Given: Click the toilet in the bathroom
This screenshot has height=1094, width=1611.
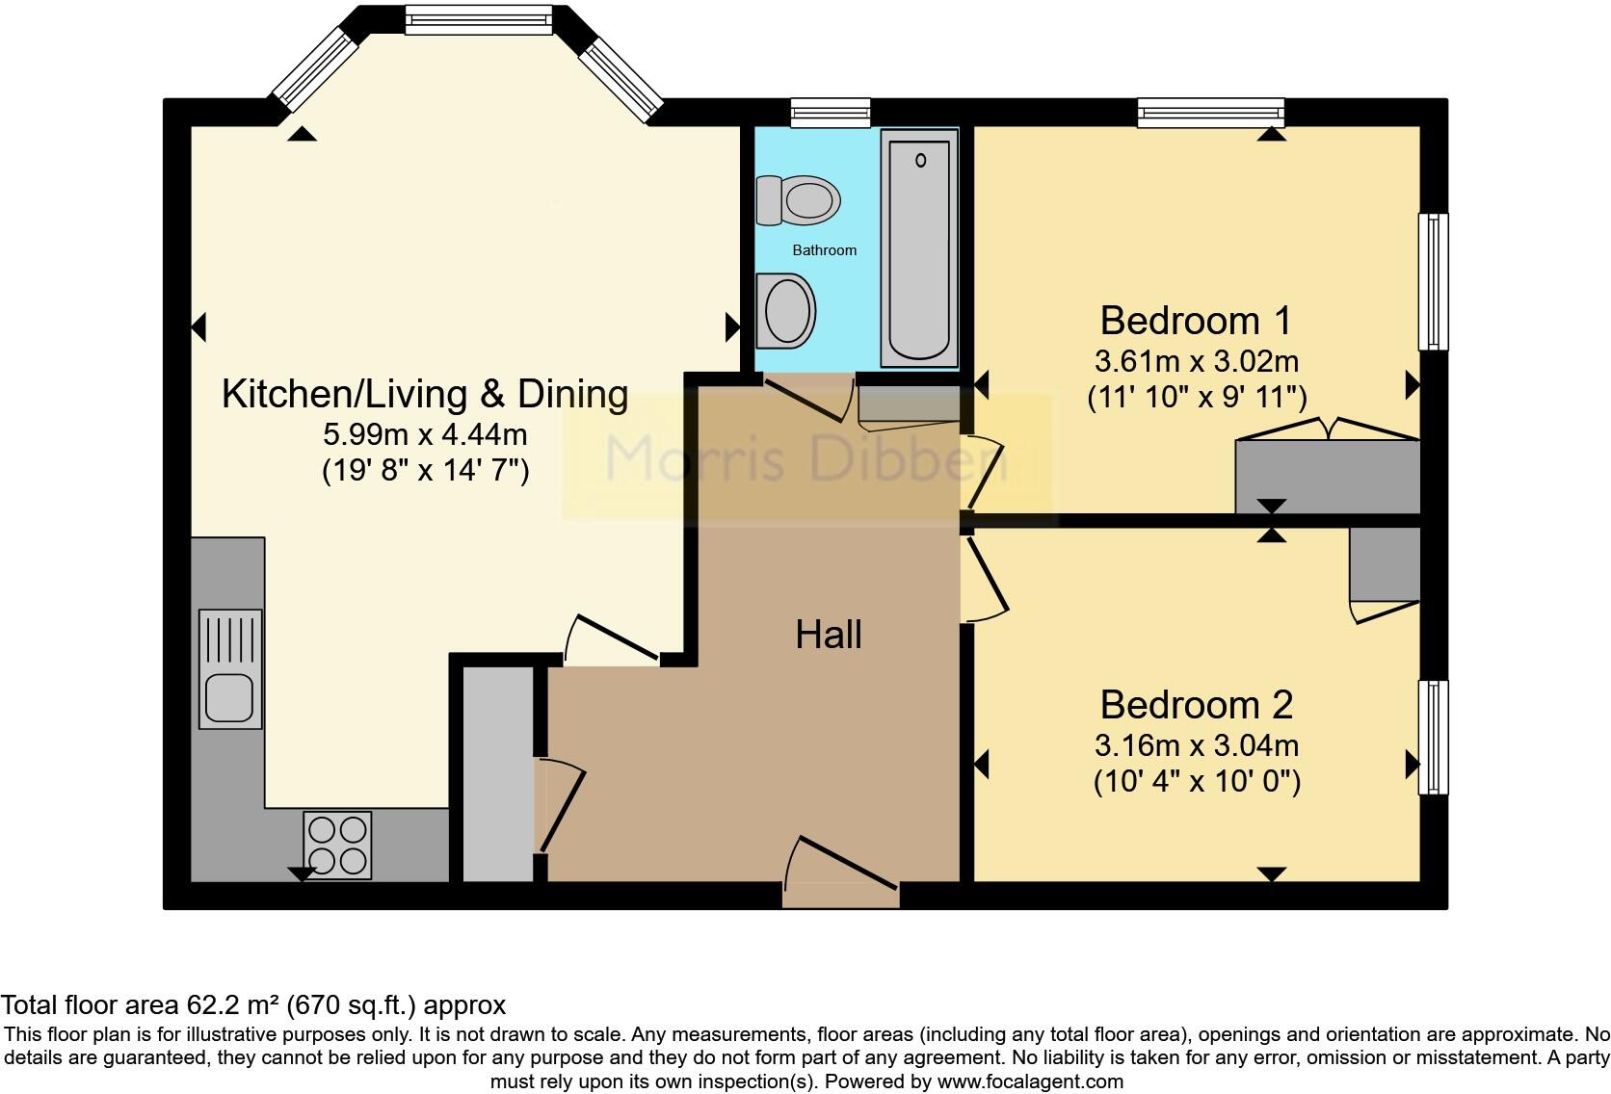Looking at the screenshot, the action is pyautogui.click(x=799, y=199).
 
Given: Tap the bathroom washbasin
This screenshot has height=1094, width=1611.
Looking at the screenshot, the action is pyautogui.click(x=785, y=310).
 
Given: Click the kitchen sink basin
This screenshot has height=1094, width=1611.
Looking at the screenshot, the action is pyautogui.click(x=229, y=697).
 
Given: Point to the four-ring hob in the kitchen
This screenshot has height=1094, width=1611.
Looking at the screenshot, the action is pyautogui.click(x=337, y=845).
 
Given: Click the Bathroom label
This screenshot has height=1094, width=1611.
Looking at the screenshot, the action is pyautogui.click(x=824, y=250).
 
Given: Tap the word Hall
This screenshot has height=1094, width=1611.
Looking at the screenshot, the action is pyautogui.click(x=829, y=635).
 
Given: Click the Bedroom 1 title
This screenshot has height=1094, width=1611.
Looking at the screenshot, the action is pyautogui.click(x=1196, y=321).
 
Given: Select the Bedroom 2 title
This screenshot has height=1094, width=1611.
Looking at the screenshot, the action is pyautogui.click(x=1197, y=704).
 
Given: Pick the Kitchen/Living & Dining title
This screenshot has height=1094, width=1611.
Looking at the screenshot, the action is pyautogui.click(x=425, y=394).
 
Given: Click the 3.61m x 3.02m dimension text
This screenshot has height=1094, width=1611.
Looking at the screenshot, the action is pyautogui.click(x=1197, y=361).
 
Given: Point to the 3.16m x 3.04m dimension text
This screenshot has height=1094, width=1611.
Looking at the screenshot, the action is pyautogui.click(x=1197, y=745).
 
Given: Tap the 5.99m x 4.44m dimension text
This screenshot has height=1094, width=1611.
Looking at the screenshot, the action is pyautogui.click(x=425, y=434).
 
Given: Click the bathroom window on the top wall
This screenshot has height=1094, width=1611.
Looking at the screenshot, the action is pyautogui.click(x=831, y=113).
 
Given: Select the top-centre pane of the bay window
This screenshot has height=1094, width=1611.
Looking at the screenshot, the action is pyautogui.click(x=479, y=19).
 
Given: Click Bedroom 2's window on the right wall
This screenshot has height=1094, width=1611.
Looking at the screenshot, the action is pyautogui.click(x=1433, y=738).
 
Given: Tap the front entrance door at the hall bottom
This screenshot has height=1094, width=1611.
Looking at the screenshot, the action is pyautogui.click(x=841, y=873).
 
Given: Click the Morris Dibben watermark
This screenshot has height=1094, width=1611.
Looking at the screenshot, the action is pyautogui.click(x=805, y=457).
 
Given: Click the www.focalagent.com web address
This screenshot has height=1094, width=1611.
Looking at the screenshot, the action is pyautogui.click(x=1030, y=1081).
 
